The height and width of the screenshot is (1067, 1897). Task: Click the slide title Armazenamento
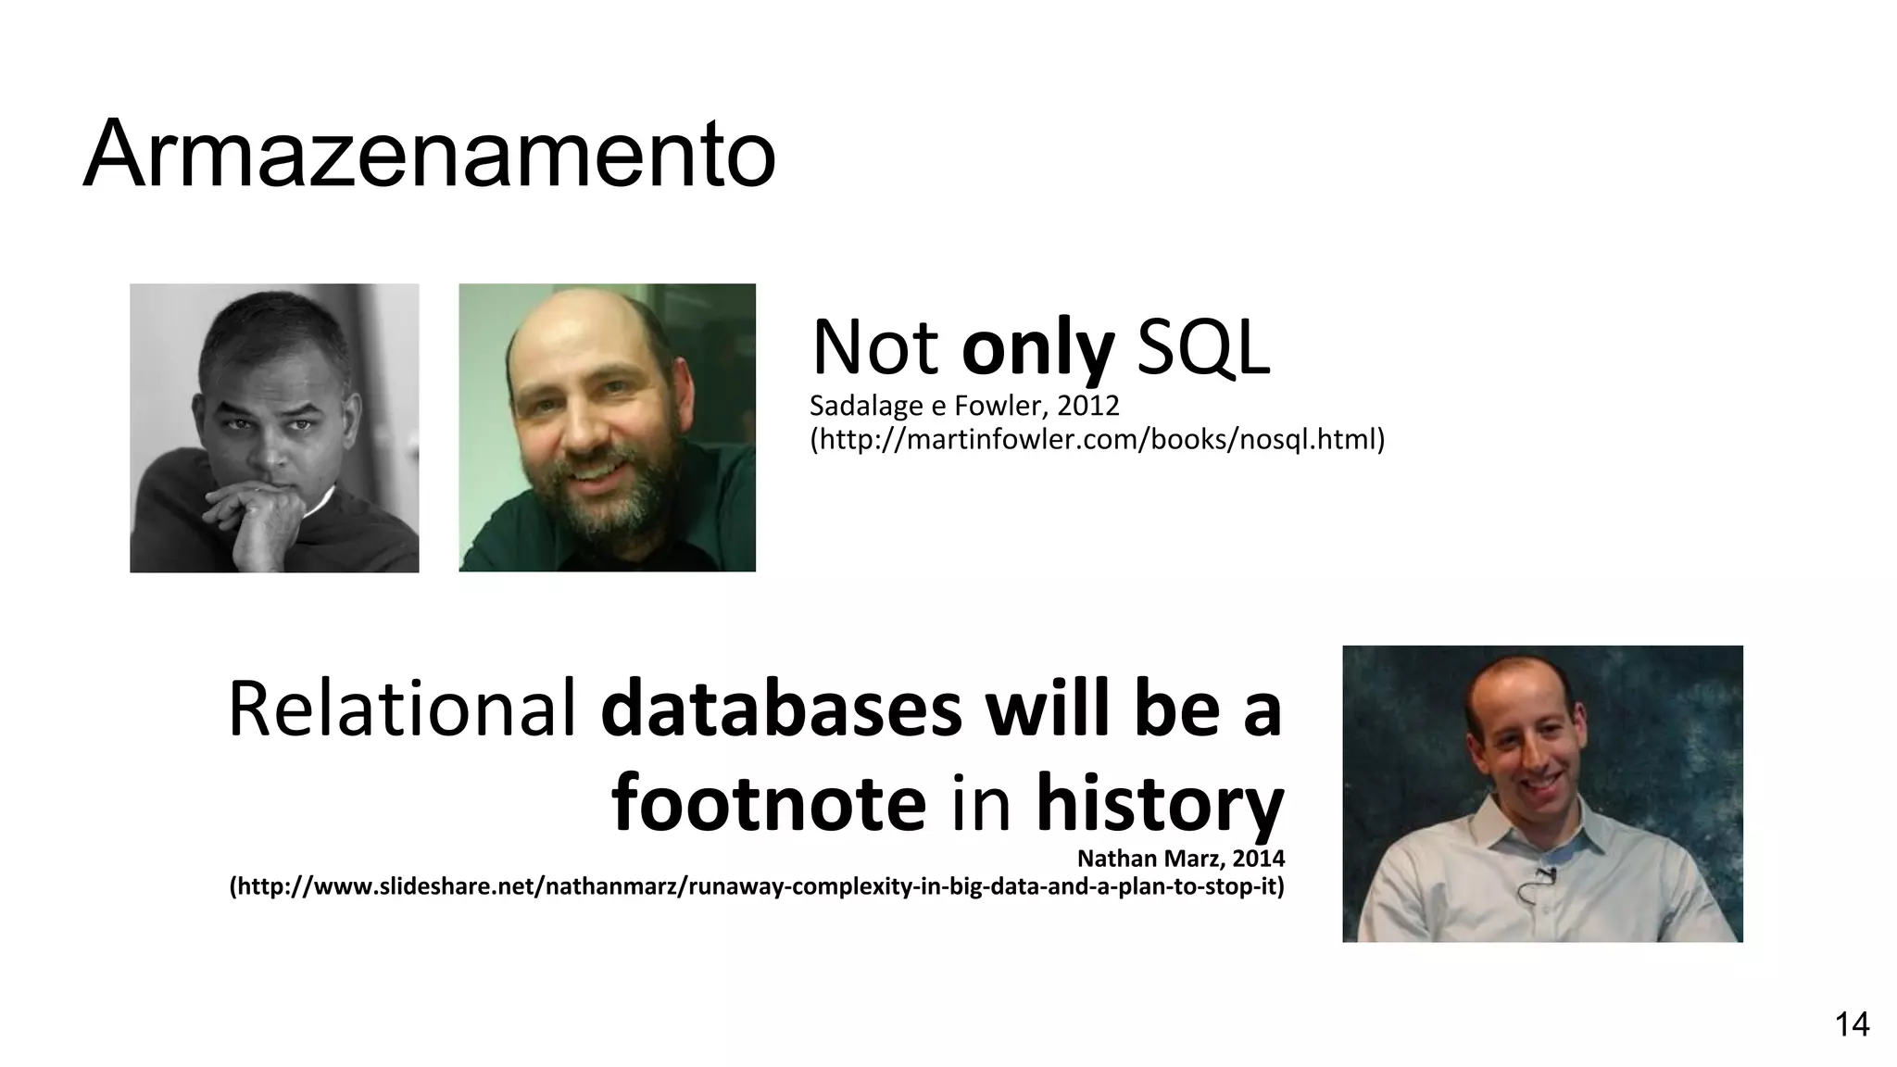[x=429, y=154]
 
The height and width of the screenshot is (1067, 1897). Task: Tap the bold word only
[x=1037, y=349]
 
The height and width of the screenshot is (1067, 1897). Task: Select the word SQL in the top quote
[x=1202, y=349]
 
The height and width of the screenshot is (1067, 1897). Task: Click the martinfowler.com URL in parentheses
[x=1097, y=439]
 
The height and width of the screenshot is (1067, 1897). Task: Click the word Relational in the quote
[x=402, y=709]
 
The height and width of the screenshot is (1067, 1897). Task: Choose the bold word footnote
[x=769, y=804]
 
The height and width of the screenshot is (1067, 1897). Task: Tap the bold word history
[x=1160, y=804]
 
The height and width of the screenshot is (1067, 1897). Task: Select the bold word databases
[x=782, y=709]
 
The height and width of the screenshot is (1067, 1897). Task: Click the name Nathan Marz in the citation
[x=1150, y=859]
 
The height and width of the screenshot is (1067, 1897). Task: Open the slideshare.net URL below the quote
[x=757, y=886]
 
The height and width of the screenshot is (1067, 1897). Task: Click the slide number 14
[x=1852, y=1025]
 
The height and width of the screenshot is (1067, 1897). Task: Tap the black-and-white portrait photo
[x=274, y=428]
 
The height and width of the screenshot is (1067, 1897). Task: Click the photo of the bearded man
[x=607, y=428]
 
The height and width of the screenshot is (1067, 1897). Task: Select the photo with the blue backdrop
[x=1542, y=794]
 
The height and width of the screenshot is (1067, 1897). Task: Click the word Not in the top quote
[x=875, y=349]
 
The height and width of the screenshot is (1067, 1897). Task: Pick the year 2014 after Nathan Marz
[x=1259, y=859]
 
